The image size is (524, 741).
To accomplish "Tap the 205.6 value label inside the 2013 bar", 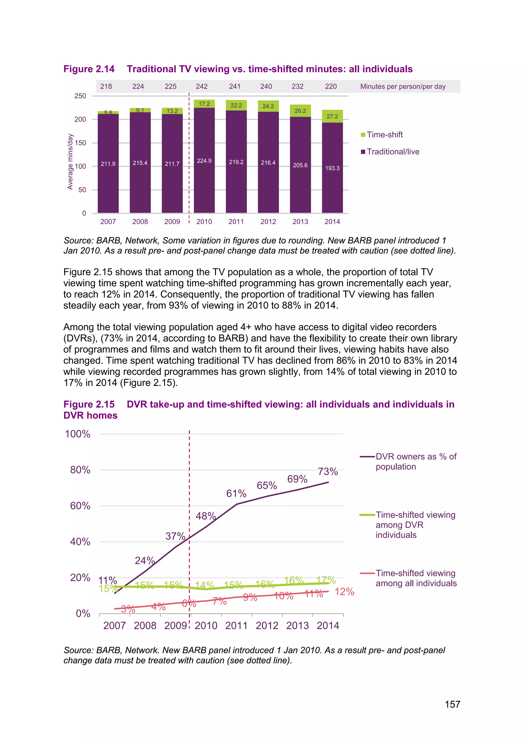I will [x=300, y=165].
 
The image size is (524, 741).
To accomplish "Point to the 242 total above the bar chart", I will [x=202, y=86].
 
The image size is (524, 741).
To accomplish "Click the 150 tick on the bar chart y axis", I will [x=80, y=143].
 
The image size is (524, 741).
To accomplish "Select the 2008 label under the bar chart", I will [x=140, y=222].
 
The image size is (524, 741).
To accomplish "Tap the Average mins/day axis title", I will [x=70, y=162].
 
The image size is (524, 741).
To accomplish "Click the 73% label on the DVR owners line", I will [x=328, y=472].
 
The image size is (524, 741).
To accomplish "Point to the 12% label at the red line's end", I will [x=344, y=592].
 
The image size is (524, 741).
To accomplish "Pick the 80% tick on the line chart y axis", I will [x=80, y=470].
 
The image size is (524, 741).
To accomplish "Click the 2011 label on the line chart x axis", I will [x=236, y=625].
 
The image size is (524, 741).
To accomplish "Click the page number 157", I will [x=452, y=704].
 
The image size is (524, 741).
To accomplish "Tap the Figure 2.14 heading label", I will [x=89, y=69].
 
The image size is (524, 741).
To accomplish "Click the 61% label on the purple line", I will [x=236, y=494].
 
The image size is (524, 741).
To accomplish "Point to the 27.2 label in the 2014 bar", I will [x=332, y=116].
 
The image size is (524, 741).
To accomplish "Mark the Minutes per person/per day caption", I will [x=403, y=86].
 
